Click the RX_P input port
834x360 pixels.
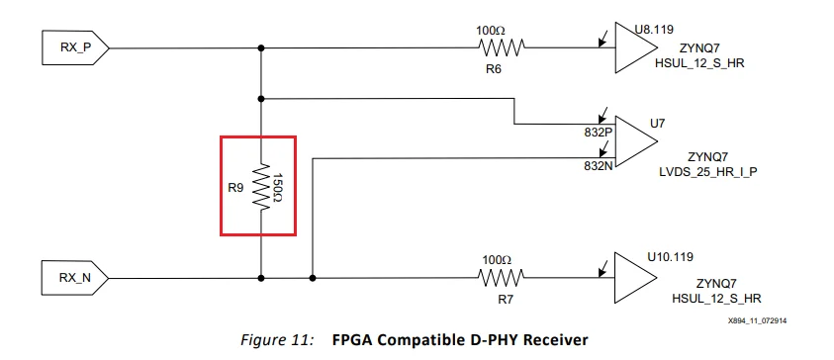point(72,46)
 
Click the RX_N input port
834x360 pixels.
point(72,278)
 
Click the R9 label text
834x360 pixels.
point(235,186)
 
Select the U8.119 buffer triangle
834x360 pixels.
point(633,47)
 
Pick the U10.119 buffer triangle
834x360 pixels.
point(633,278)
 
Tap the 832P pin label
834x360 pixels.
point(598,131)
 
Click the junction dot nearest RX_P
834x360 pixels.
point(261,46)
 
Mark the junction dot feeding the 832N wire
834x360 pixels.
point(313,278)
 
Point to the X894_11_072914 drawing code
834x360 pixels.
point(767,320)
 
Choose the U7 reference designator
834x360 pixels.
point(655,124)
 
